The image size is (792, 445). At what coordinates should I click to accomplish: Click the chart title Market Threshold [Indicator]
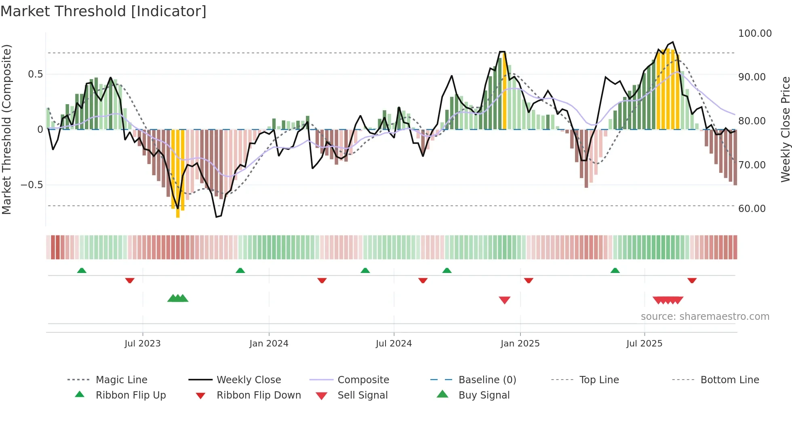[103, 11]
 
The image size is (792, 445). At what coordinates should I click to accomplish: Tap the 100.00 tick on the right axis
[754, 34]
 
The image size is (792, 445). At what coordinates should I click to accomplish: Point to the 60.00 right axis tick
[752, 209]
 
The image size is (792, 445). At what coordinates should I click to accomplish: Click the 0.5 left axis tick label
[35, 74]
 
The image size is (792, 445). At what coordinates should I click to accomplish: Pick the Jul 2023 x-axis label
[142, 344]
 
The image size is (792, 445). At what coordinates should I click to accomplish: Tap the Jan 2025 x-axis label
[520, 344]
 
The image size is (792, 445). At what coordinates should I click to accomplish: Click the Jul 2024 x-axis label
[394, 344]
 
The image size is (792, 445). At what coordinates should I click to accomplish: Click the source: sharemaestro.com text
[705, 317]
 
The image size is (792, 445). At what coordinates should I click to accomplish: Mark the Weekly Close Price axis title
[785, 129]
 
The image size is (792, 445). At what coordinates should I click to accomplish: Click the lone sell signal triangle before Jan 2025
[504, 300]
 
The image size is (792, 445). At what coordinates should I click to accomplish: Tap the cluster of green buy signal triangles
[178, 298]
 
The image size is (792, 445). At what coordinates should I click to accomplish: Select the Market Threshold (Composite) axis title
[6, 129]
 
